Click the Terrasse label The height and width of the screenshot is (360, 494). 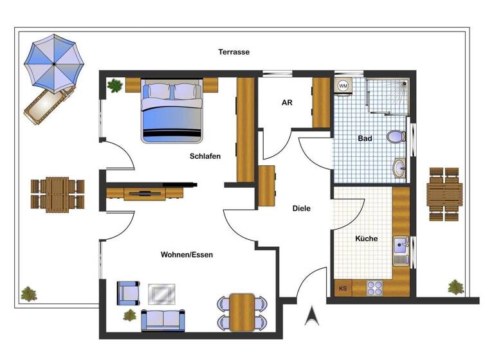pos(233,52)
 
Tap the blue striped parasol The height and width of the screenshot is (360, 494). pos(54,63)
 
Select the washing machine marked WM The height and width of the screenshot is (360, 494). pos(343,85)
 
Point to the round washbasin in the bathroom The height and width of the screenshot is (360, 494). pos(399,168)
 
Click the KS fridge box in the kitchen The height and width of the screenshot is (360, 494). pos(343,289)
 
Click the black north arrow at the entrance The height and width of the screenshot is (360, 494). pos(313,316)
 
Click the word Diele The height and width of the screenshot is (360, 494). pos(301,208)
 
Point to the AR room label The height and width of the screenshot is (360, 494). pos(288,103)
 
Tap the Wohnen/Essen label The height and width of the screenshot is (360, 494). pos(187,255)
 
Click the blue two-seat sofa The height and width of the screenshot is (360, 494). pos(164,319)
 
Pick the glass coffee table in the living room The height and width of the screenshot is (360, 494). pos(161,294)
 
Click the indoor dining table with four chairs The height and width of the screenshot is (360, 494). pos(242,311)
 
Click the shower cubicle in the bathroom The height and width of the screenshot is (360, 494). pos(387,96)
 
